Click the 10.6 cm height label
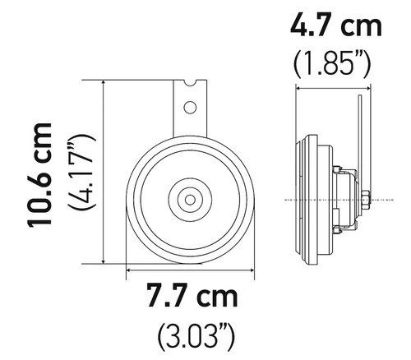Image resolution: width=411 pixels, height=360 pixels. point(40,175)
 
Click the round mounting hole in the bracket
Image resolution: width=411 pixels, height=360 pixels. point(190,106)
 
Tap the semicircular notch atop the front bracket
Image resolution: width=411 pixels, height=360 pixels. point(190,82)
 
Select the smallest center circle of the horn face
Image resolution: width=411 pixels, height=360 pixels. point(190,198)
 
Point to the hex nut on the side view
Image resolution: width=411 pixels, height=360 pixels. point(364,198)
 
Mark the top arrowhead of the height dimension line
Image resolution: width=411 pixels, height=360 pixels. point(104,84)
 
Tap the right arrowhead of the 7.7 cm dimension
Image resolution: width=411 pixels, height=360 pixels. point(252,269)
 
